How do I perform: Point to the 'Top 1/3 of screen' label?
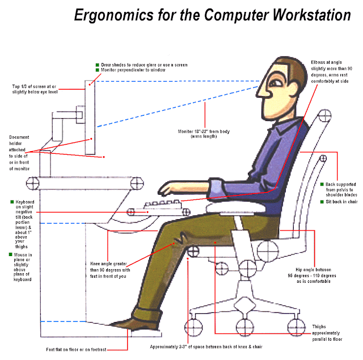pos(34,90)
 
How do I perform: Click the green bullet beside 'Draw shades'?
pos(98,64)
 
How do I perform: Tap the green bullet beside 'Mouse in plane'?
pos(12,256)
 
